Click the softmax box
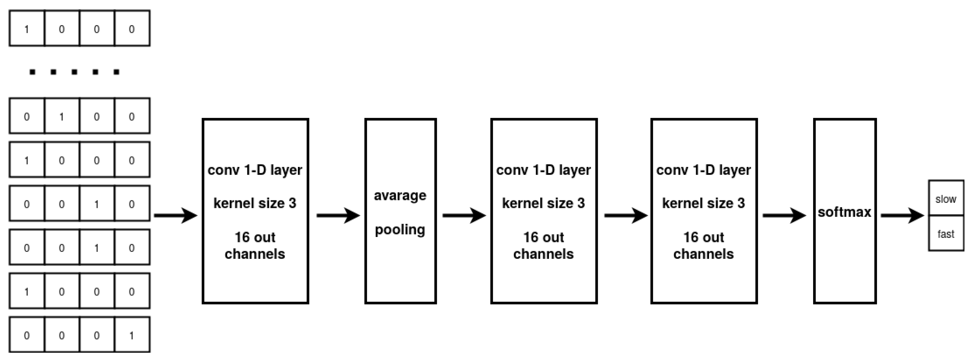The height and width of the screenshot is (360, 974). point(845,212)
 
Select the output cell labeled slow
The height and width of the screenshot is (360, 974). point(946,199)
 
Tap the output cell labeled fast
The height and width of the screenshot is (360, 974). point(946,234)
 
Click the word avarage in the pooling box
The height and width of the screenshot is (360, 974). point(400,196)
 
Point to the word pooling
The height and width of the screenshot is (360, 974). point(400,230)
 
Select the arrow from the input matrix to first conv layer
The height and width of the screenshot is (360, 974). point(176,216)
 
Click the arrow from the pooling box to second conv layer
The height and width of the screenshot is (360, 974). point(464,216)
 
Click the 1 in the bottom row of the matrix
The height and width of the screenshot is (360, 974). point(132,336)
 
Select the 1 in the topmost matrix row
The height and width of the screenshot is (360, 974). point(26,29)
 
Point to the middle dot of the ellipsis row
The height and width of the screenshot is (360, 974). point(74,72)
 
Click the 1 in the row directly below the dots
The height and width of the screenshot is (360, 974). point(62,116)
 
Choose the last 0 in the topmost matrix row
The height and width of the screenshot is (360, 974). point(132,29)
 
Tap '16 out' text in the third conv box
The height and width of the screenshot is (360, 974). point(703,238)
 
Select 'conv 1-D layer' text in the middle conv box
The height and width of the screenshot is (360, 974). point(543,170)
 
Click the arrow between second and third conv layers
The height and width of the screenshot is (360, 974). point(626,216)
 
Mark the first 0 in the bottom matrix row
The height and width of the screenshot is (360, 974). point(26,336)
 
